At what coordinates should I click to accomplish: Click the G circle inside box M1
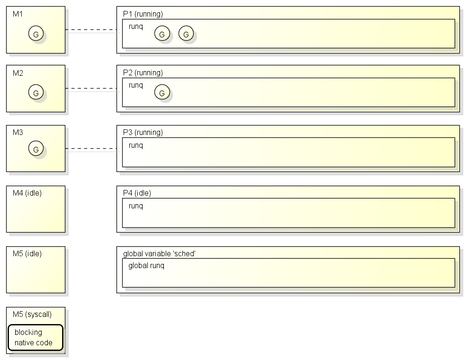point(36,33)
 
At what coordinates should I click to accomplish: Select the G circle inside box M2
point(36,92)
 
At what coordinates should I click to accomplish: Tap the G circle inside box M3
point(36,148)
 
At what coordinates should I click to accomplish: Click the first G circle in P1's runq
point(162,33)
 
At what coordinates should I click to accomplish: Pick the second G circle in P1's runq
point(186,33)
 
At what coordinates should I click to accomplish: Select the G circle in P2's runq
point(162,92)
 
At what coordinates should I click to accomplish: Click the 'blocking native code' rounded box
point(36,337)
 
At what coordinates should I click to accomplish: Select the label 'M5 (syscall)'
point(32,314)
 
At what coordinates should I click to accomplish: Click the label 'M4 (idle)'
point(27,193)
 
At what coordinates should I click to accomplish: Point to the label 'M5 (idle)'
point(27,253)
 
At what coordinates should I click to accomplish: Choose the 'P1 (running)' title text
point(143,14)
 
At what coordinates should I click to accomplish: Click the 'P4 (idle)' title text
point(137,193)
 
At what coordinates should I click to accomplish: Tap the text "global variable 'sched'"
point(159,253)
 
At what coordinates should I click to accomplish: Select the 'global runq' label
point(146,266)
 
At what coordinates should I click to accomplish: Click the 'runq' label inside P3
point(136,145)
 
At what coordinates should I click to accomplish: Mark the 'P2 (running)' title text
point(143,73)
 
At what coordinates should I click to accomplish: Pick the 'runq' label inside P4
point(136,206)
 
